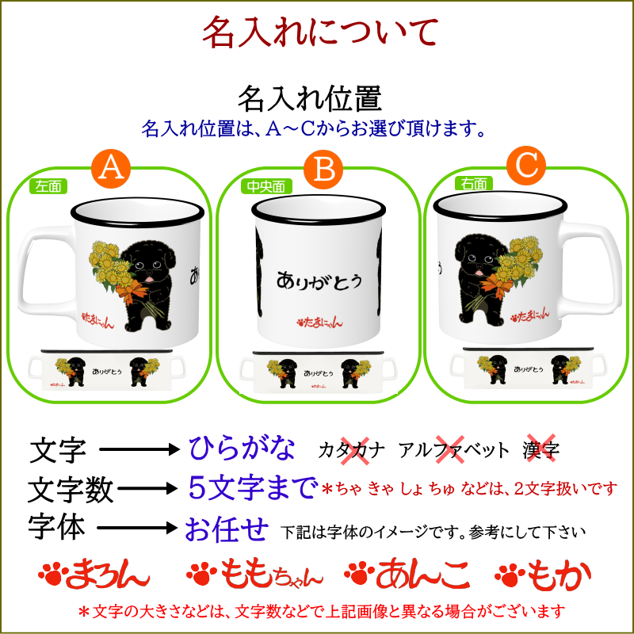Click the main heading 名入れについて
coord(319,32)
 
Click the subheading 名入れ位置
coord(310,99)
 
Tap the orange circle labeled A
coord(112,167)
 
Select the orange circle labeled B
coord(323,168)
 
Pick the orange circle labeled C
coord(527,165)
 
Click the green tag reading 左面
coord(48,186)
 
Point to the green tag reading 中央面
coord(265,187)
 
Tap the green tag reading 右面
coord(473,184)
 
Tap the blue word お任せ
coord(227,529)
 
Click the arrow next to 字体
coord(139,529)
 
